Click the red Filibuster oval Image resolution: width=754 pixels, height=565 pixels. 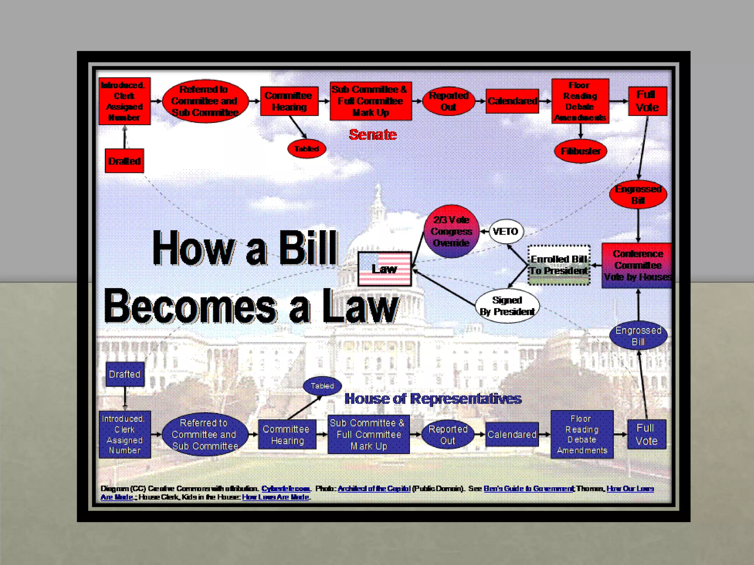[580, 151]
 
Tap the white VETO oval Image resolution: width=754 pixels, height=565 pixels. [506, 231]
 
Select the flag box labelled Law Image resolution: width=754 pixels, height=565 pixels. [384, 269]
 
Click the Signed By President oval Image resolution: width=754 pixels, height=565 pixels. [507, 306]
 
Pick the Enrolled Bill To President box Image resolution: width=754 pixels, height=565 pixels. [559, 265]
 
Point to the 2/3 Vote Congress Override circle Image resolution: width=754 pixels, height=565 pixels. [451, 231]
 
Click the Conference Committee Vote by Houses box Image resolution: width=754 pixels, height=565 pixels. [638, 265]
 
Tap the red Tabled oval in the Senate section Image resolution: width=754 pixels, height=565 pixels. [306, 149]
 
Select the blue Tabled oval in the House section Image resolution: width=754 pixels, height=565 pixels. [322, 386]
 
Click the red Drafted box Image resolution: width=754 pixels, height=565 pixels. [124, 161]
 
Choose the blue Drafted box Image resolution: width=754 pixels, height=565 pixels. [125, 374]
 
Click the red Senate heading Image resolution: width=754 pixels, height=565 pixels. [373, 135]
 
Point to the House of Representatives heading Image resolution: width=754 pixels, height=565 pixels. [433, 399]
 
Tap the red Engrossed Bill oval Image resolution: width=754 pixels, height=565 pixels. [638, 194]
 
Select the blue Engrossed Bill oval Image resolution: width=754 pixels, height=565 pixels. [638, 336]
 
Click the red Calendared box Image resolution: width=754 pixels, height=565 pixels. [512, 101]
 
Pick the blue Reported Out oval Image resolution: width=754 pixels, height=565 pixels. [448, 435]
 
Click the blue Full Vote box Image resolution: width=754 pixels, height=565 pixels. [646, 434]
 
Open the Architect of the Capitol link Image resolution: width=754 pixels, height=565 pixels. [374, 488]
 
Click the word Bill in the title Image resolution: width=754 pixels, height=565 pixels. [308, 248]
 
